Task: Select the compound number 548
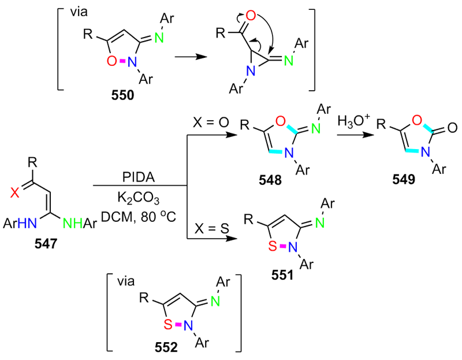point(270,181)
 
